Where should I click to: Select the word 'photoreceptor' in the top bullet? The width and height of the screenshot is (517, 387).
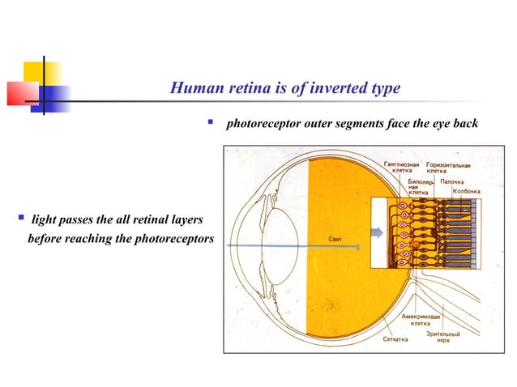[x=261, y=125]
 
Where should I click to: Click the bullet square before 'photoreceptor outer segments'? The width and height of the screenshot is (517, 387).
[x=210, y=124]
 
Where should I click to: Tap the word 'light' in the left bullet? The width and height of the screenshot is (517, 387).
[x=43, y=220]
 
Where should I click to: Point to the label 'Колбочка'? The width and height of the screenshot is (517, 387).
[x=466, y=192]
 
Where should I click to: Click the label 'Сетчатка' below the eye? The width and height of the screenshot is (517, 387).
[x=395, y=339]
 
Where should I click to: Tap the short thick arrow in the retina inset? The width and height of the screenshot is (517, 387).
[x=378, y=233]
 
